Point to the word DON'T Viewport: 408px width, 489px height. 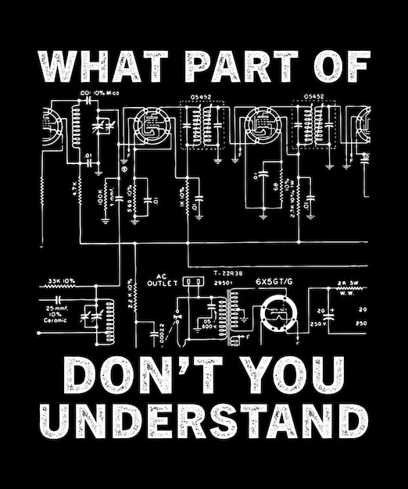pyautogui.click(x=145, y=376)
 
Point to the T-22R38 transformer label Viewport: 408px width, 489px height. pyautogui.click(x=228, y=272)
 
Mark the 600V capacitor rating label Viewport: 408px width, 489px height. pyautogui.click(x=209, y=326)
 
